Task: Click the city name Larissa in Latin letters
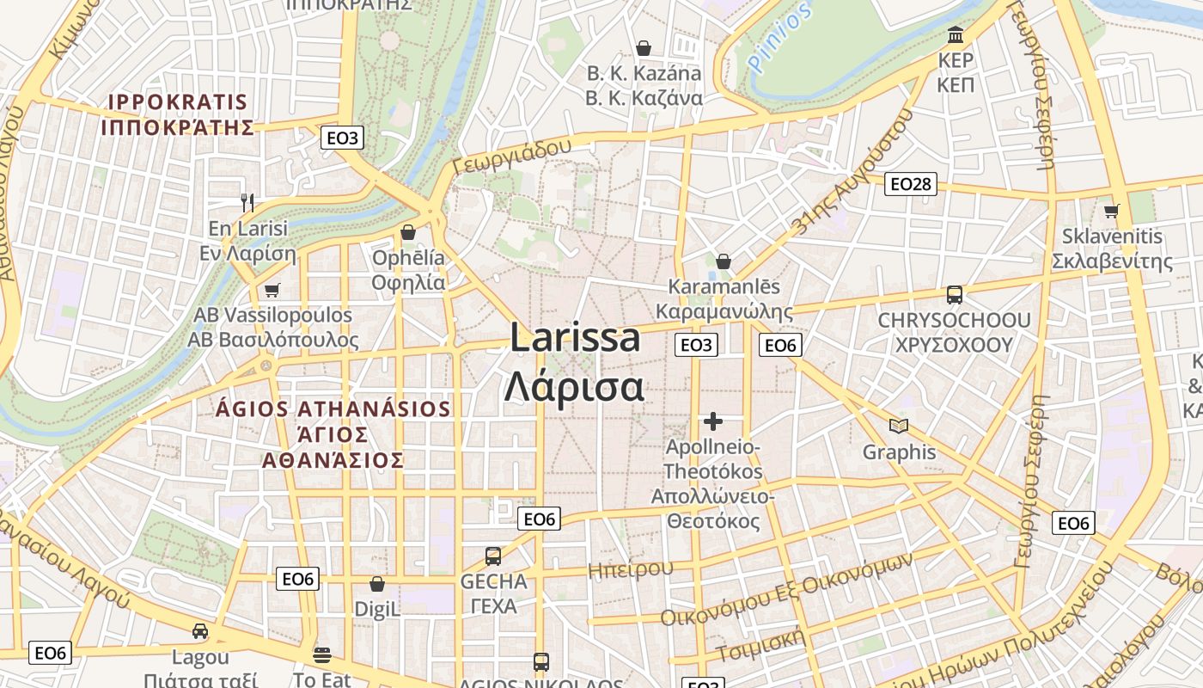point(575,338)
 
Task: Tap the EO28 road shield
point(912,183)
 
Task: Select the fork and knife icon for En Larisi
point(247,203)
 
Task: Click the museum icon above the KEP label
point(956,35)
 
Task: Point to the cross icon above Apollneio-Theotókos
point(712,421)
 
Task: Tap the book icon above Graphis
point(899,426)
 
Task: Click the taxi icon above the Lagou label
point(200,631)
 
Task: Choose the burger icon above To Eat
point(322,654)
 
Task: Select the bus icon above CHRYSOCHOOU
point(954,295)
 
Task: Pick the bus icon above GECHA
point(493,556)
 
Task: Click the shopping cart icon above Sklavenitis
point(1112,211)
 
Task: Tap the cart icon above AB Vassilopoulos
point(272,290)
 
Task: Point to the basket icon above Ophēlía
point(408,232)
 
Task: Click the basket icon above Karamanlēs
point(724,261)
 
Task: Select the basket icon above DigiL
point(376,584)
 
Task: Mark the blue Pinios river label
point(779,38)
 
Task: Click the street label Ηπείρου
point(630,568)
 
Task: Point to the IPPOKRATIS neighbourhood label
point(178,102)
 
